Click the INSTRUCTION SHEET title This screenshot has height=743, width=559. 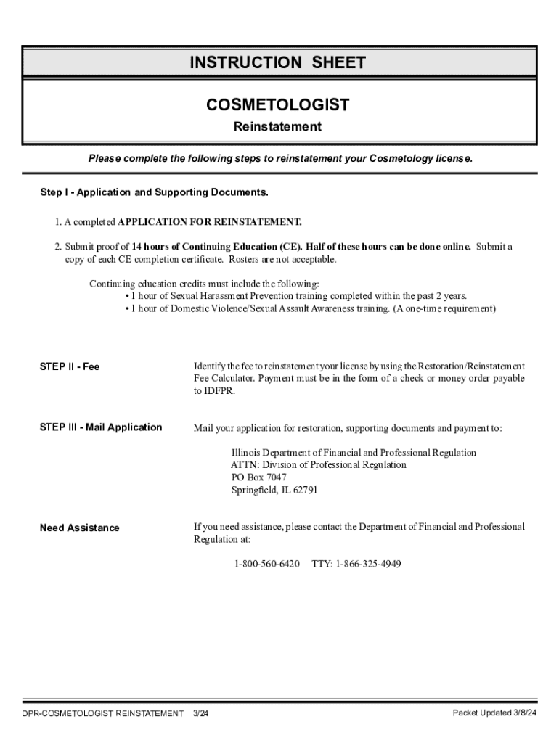(277, 63)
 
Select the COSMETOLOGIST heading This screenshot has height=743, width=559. (277, 105)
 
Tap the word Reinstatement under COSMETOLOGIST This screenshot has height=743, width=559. (277, 127)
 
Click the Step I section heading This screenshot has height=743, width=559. (154, 192)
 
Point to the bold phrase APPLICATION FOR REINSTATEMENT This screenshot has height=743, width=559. (210, 221)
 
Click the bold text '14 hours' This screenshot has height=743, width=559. (150, 247)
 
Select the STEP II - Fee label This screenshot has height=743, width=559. (70, 367)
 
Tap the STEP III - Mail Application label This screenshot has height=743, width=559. (101, 427)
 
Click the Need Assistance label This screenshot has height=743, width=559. (79, 528)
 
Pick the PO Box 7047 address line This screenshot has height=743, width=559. (258, 477)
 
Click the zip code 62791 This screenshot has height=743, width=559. (304, 490)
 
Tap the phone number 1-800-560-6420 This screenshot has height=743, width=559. (266, 564)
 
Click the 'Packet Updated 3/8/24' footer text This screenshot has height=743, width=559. (494, 713)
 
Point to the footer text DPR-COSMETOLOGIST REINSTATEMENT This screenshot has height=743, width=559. (102, 714)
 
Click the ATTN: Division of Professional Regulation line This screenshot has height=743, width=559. (318, 465)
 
